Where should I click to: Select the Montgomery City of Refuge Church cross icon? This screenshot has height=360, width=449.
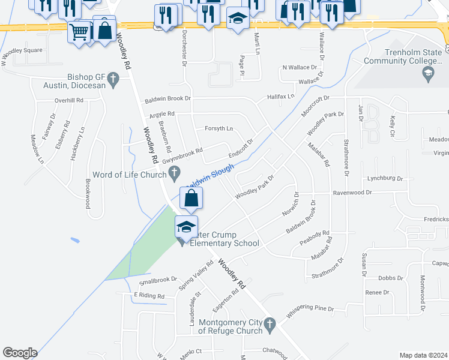pyautogui.click(x=271, y=323)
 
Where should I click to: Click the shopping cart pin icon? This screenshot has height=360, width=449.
pyautogui.click(x=79, y=32)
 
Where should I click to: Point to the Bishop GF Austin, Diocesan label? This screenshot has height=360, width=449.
pyautogui.click(x=95, y=81)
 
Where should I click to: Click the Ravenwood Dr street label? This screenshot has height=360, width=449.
pyautogui.click(x=352, y=193)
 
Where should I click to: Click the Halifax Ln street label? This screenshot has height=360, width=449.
pyautogui.click(x=281, y=96)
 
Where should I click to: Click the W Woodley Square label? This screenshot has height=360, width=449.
pyautogui.click(x=22, y=50)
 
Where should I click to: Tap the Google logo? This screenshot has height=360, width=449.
pyautogui.click(x=20, y=353)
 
